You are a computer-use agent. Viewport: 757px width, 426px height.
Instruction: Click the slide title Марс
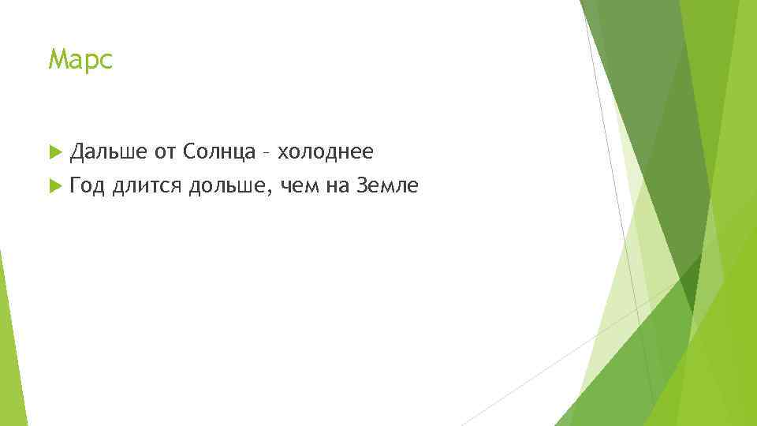(80, 59)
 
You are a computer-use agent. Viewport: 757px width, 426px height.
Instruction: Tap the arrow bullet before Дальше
(54, 150)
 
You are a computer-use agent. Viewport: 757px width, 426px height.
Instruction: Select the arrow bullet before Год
(54, 186)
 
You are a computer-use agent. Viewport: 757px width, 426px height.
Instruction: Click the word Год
(87, 186)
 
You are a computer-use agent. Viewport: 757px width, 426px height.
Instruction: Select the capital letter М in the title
(56, 59)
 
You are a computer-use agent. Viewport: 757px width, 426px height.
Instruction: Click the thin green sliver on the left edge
(11, 347)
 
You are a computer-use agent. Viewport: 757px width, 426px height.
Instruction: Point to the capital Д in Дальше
(77, 150)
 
